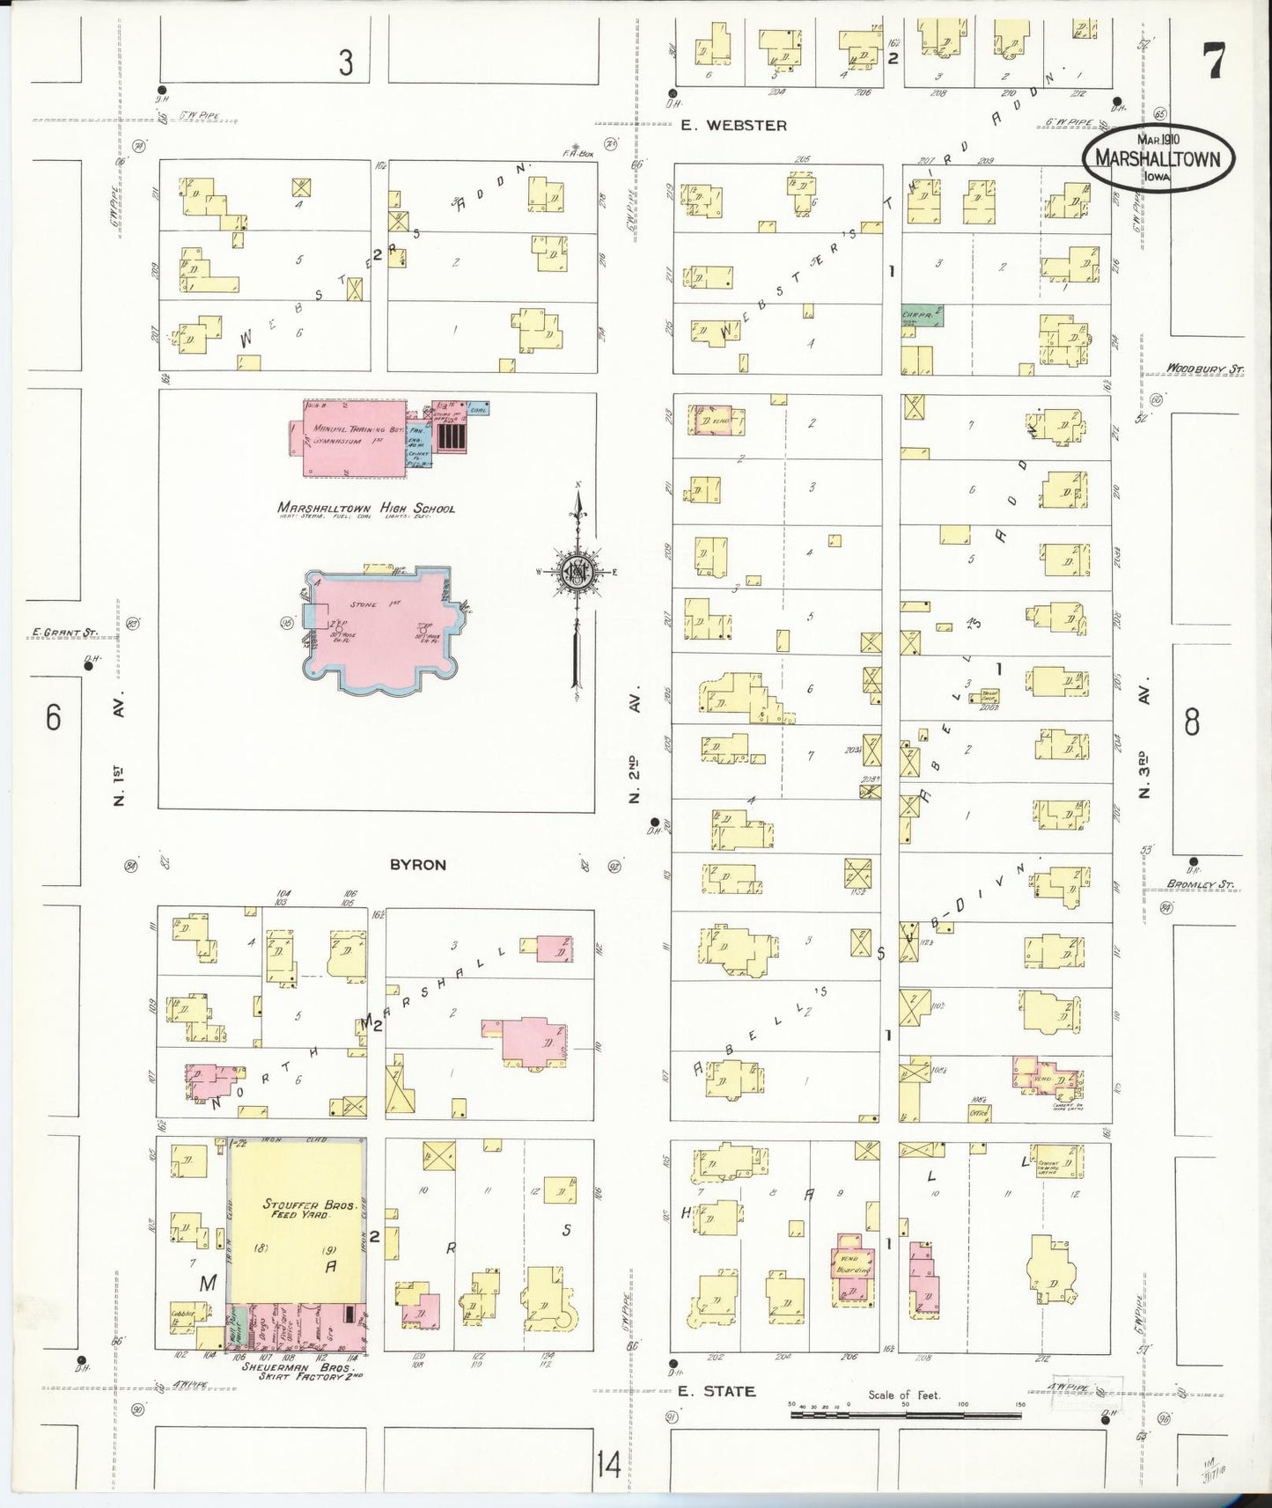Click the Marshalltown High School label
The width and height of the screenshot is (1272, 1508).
366,508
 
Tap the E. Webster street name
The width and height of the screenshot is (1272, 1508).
733,126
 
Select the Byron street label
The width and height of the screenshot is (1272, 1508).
418,865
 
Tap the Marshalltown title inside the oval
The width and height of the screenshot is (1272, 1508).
1158,158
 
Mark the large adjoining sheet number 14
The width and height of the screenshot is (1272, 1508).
607,1465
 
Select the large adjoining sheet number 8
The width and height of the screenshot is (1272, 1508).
1191,721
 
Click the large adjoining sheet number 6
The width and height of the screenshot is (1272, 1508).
54,717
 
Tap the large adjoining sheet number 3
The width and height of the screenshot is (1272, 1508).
346,62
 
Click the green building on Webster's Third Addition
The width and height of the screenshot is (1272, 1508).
922,315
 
